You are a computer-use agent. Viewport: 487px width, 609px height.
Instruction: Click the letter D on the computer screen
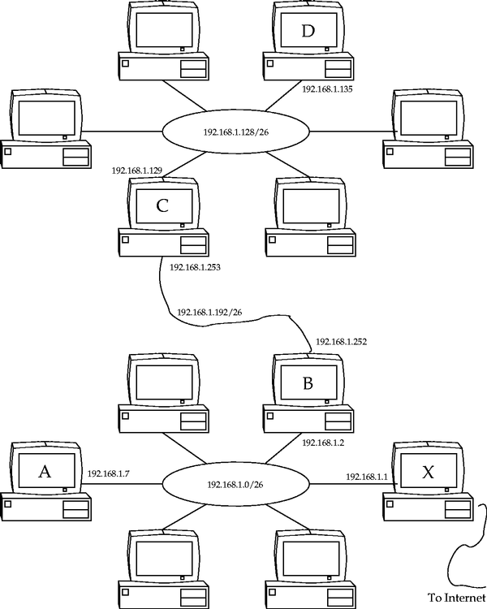coord(307,32)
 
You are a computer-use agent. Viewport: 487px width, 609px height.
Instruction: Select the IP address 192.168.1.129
coord(137,171)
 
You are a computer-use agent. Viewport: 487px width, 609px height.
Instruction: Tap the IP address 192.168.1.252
coord(342,342)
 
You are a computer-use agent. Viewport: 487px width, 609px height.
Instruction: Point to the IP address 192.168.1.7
coord(110,473)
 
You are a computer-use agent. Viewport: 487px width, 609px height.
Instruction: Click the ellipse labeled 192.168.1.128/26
coord(235,130)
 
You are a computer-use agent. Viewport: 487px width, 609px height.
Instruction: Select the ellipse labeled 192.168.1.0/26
coord(235,485)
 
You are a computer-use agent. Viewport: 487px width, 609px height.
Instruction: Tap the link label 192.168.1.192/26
coord(209,312)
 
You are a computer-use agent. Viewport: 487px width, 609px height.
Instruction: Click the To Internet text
coord(456,596)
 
